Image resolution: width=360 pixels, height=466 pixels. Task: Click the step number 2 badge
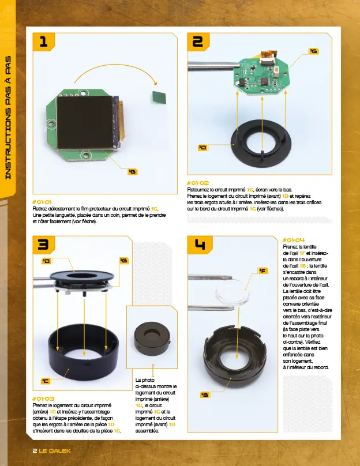(198, 41)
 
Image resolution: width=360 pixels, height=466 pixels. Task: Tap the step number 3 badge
(43, 245)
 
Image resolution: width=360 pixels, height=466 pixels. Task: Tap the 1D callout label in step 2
(202, 148)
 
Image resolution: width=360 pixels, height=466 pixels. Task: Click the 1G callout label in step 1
(133, 171)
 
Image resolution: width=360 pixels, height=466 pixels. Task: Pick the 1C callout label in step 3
(45, 381)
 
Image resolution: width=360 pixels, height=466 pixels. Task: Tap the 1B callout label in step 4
(204, 394)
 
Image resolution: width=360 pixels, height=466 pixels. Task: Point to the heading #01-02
(198, 183)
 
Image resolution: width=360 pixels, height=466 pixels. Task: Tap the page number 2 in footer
(34, 450)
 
